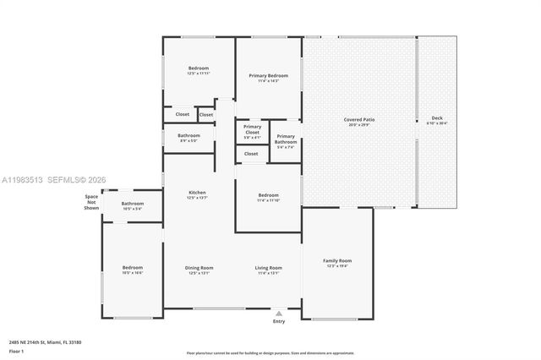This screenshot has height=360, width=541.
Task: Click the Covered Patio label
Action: (x=359, y=119)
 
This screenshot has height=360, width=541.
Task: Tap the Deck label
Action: (x=436, y=117)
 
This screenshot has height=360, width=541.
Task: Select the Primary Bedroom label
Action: (x=268, y=75)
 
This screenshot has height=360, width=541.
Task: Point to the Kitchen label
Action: (x=197, y=192)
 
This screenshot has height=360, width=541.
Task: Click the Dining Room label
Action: (x=199, y=268)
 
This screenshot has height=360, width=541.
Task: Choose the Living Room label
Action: (x=269, y=268)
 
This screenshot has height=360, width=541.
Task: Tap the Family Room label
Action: (x=337, y=260)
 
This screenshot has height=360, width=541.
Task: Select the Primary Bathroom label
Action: (x=286, y=139)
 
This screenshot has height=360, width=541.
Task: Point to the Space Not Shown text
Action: (x=91, y=201)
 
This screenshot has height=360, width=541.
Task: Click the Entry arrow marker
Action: (x=279, y=312)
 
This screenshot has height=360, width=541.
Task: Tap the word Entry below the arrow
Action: (x=279, y=321)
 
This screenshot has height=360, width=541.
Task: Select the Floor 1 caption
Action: (x=17, y=350)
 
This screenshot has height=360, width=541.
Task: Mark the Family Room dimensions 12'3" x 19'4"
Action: (x=337, y=265)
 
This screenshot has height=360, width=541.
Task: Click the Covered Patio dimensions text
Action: (x=359, y=124)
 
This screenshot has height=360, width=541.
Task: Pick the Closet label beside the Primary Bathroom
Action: (x=251, y=154)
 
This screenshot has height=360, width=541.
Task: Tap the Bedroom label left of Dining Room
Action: (x=133, y=268)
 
